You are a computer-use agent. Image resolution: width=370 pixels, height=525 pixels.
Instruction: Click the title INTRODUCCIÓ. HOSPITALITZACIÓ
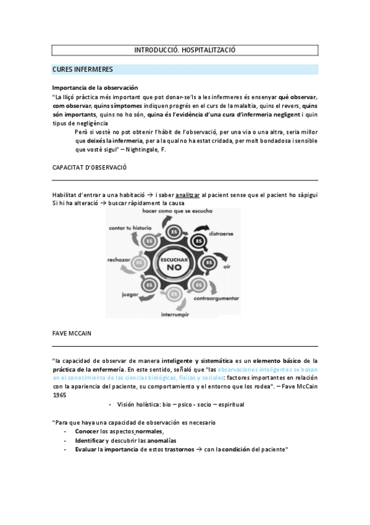pos(185,50)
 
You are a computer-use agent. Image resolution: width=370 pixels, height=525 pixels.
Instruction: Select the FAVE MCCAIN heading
pos(72,333)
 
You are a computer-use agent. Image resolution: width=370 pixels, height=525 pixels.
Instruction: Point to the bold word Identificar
pos(90,440)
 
